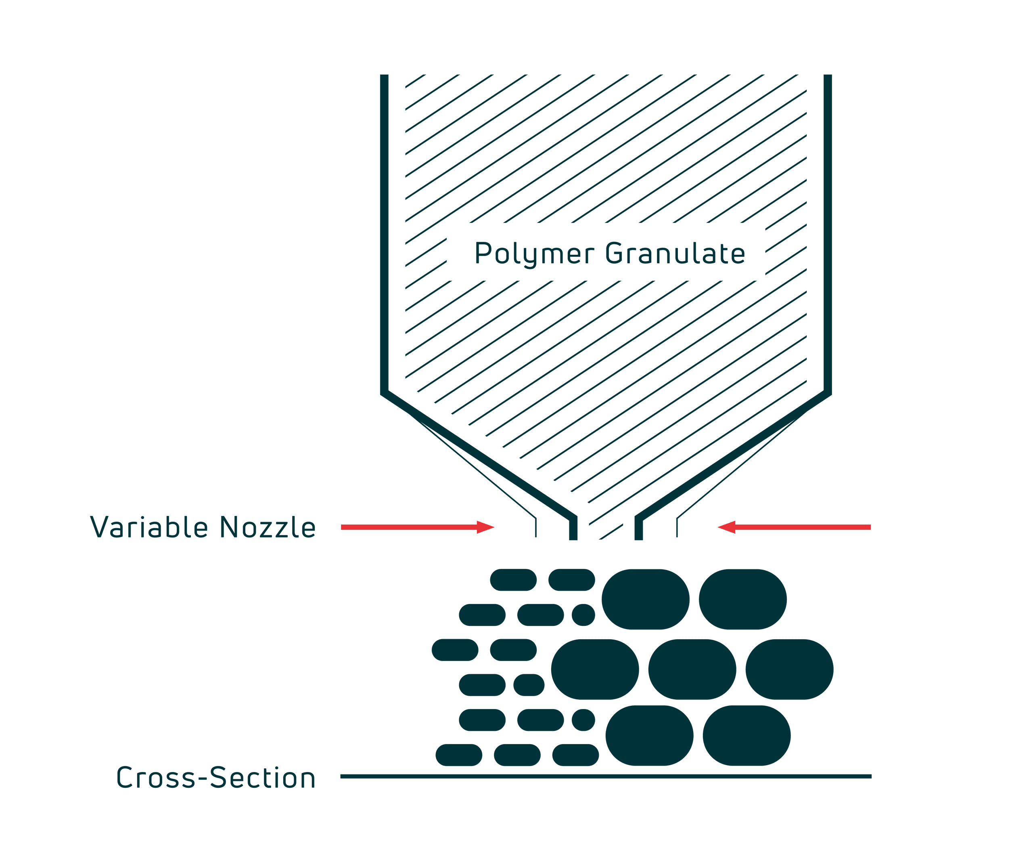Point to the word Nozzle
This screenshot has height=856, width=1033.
point(268,527)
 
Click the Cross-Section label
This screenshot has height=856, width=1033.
point(215,778)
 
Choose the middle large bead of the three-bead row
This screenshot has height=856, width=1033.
point(692,669)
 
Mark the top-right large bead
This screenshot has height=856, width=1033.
point(742,599)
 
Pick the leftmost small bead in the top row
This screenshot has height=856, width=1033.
point(513,579)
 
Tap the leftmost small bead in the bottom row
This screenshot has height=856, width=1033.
point(459,755)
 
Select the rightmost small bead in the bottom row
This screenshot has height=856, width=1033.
point(575,755)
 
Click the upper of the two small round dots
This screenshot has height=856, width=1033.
point(583,615)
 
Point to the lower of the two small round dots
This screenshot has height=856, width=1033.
point(583,720)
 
